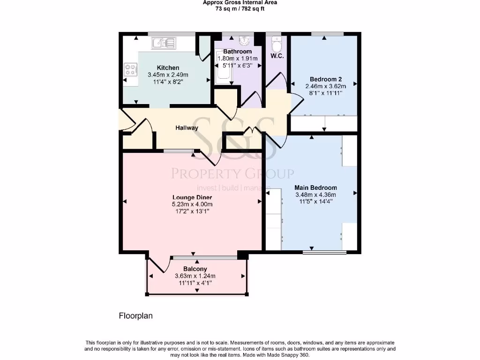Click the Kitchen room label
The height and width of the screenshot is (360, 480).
[x=168, y=68]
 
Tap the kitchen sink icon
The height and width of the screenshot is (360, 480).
[x=163, y=44]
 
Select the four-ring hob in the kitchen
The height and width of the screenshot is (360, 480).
[x=130, y=70]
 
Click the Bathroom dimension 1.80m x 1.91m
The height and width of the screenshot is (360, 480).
[x=237, y=59]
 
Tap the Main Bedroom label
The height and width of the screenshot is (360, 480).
[x=322, y=187]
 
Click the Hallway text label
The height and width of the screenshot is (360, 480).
[x=187, y=128]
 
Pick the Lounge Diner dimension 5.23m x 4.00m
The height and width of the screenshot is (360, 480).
[x=192, y=204]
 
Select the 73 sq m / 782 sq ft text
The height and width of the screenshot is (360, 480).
[x=240, y=8]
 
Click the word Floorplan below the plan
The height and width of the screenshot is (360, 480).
[x=135, y=316]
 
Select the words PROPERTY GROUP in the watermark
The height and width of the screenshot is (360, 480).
[x=232, y=174]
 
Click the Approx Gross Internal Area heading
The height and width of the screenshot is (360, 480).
[x=240, y=2]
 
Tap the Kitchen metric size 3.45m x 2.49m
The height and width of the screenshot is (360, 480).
[x=168, y=75]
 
